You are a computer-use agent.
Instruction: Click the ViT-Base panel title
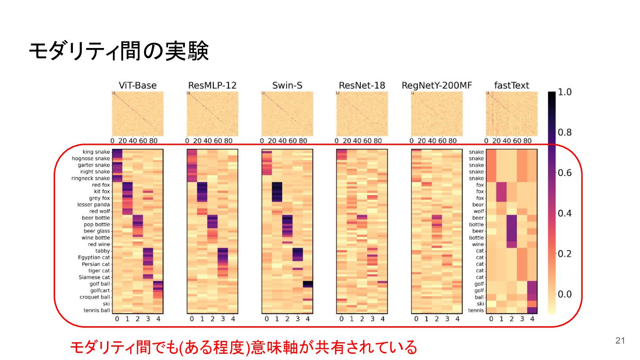point(137,85)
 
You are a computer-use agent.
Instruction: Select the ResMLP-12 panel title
point(212,85)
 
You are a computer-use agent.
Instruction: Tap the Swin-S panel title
point(287,85)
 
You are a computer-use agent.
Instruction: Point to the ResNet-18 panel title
point(362,85)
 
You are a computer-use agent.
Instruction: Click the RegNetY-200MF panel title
point(437,85)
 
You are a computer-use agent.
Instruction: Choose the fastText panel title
point(512,85)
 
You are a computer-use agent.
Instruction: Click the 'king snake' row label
point(96,152)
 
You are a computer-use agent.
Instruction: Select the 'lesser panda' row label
point(93,204)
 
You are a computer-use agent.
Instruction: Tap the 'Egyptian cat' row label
point(94,257)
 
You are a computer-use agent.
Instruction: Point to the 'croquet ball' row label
point(95,297)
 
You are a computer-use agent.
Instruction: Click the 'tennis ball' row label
point(97,310)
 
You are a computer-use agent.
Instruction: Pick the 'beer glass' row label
point(97,231)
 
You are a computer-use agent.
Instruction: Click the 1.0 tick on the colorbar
point(564,92)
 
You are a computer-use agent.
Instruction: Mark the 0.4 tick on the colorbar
point(564,213)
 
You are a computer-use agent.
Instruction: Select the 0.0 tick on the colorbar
point(564,294)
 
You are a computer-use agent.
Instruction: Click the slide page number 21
point(620,340)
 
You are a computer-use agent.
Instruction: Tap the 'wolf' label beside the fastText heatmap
point(479,211)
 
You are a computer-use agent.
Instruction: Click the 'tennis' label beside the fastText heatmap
point(476,310)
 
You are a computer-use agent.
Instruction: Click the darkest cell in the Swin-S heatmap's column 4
point(308,284)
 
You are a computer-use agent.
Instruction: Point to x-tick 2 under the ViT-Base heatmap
point(138,319)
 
